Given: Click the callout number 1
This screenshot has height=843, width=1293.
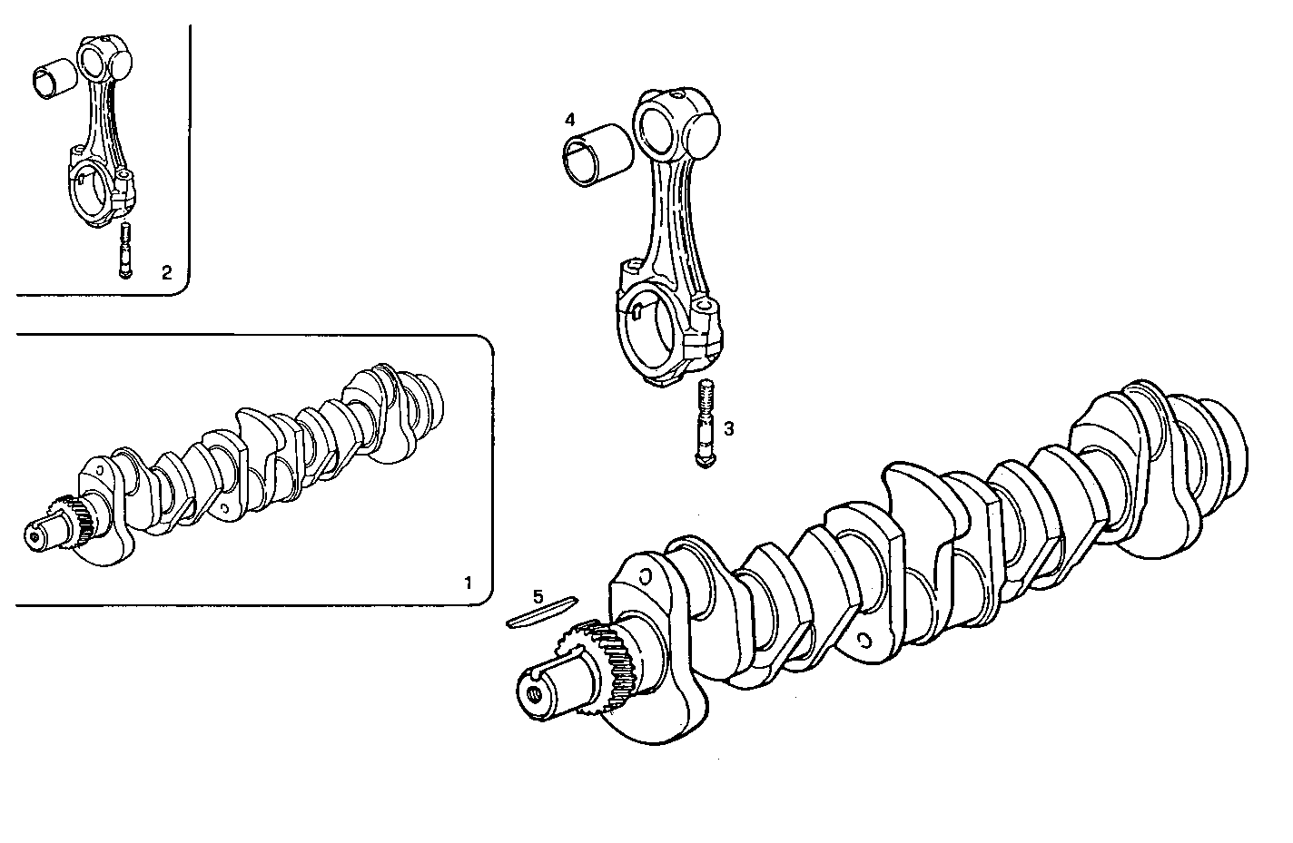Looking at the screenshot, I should tap(468, 582).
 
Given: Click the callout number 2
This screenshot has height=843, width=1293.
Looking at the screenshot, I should tap(166, 271).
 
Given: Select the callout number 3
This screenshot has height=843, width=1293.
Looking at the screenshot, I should tap(728, 426).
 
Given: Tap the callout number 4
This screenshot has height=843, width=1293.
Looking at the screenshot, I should tap(569, 120).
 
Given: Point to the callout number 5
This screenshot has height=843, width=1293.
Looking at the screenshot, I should tap(538, 596).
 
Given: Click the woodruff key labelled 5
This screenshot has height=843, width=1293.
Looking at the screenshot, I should tap(541, 612).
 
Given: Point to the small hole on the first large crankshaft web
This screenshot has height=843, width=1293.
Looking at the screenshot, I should tap(645, 576).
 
